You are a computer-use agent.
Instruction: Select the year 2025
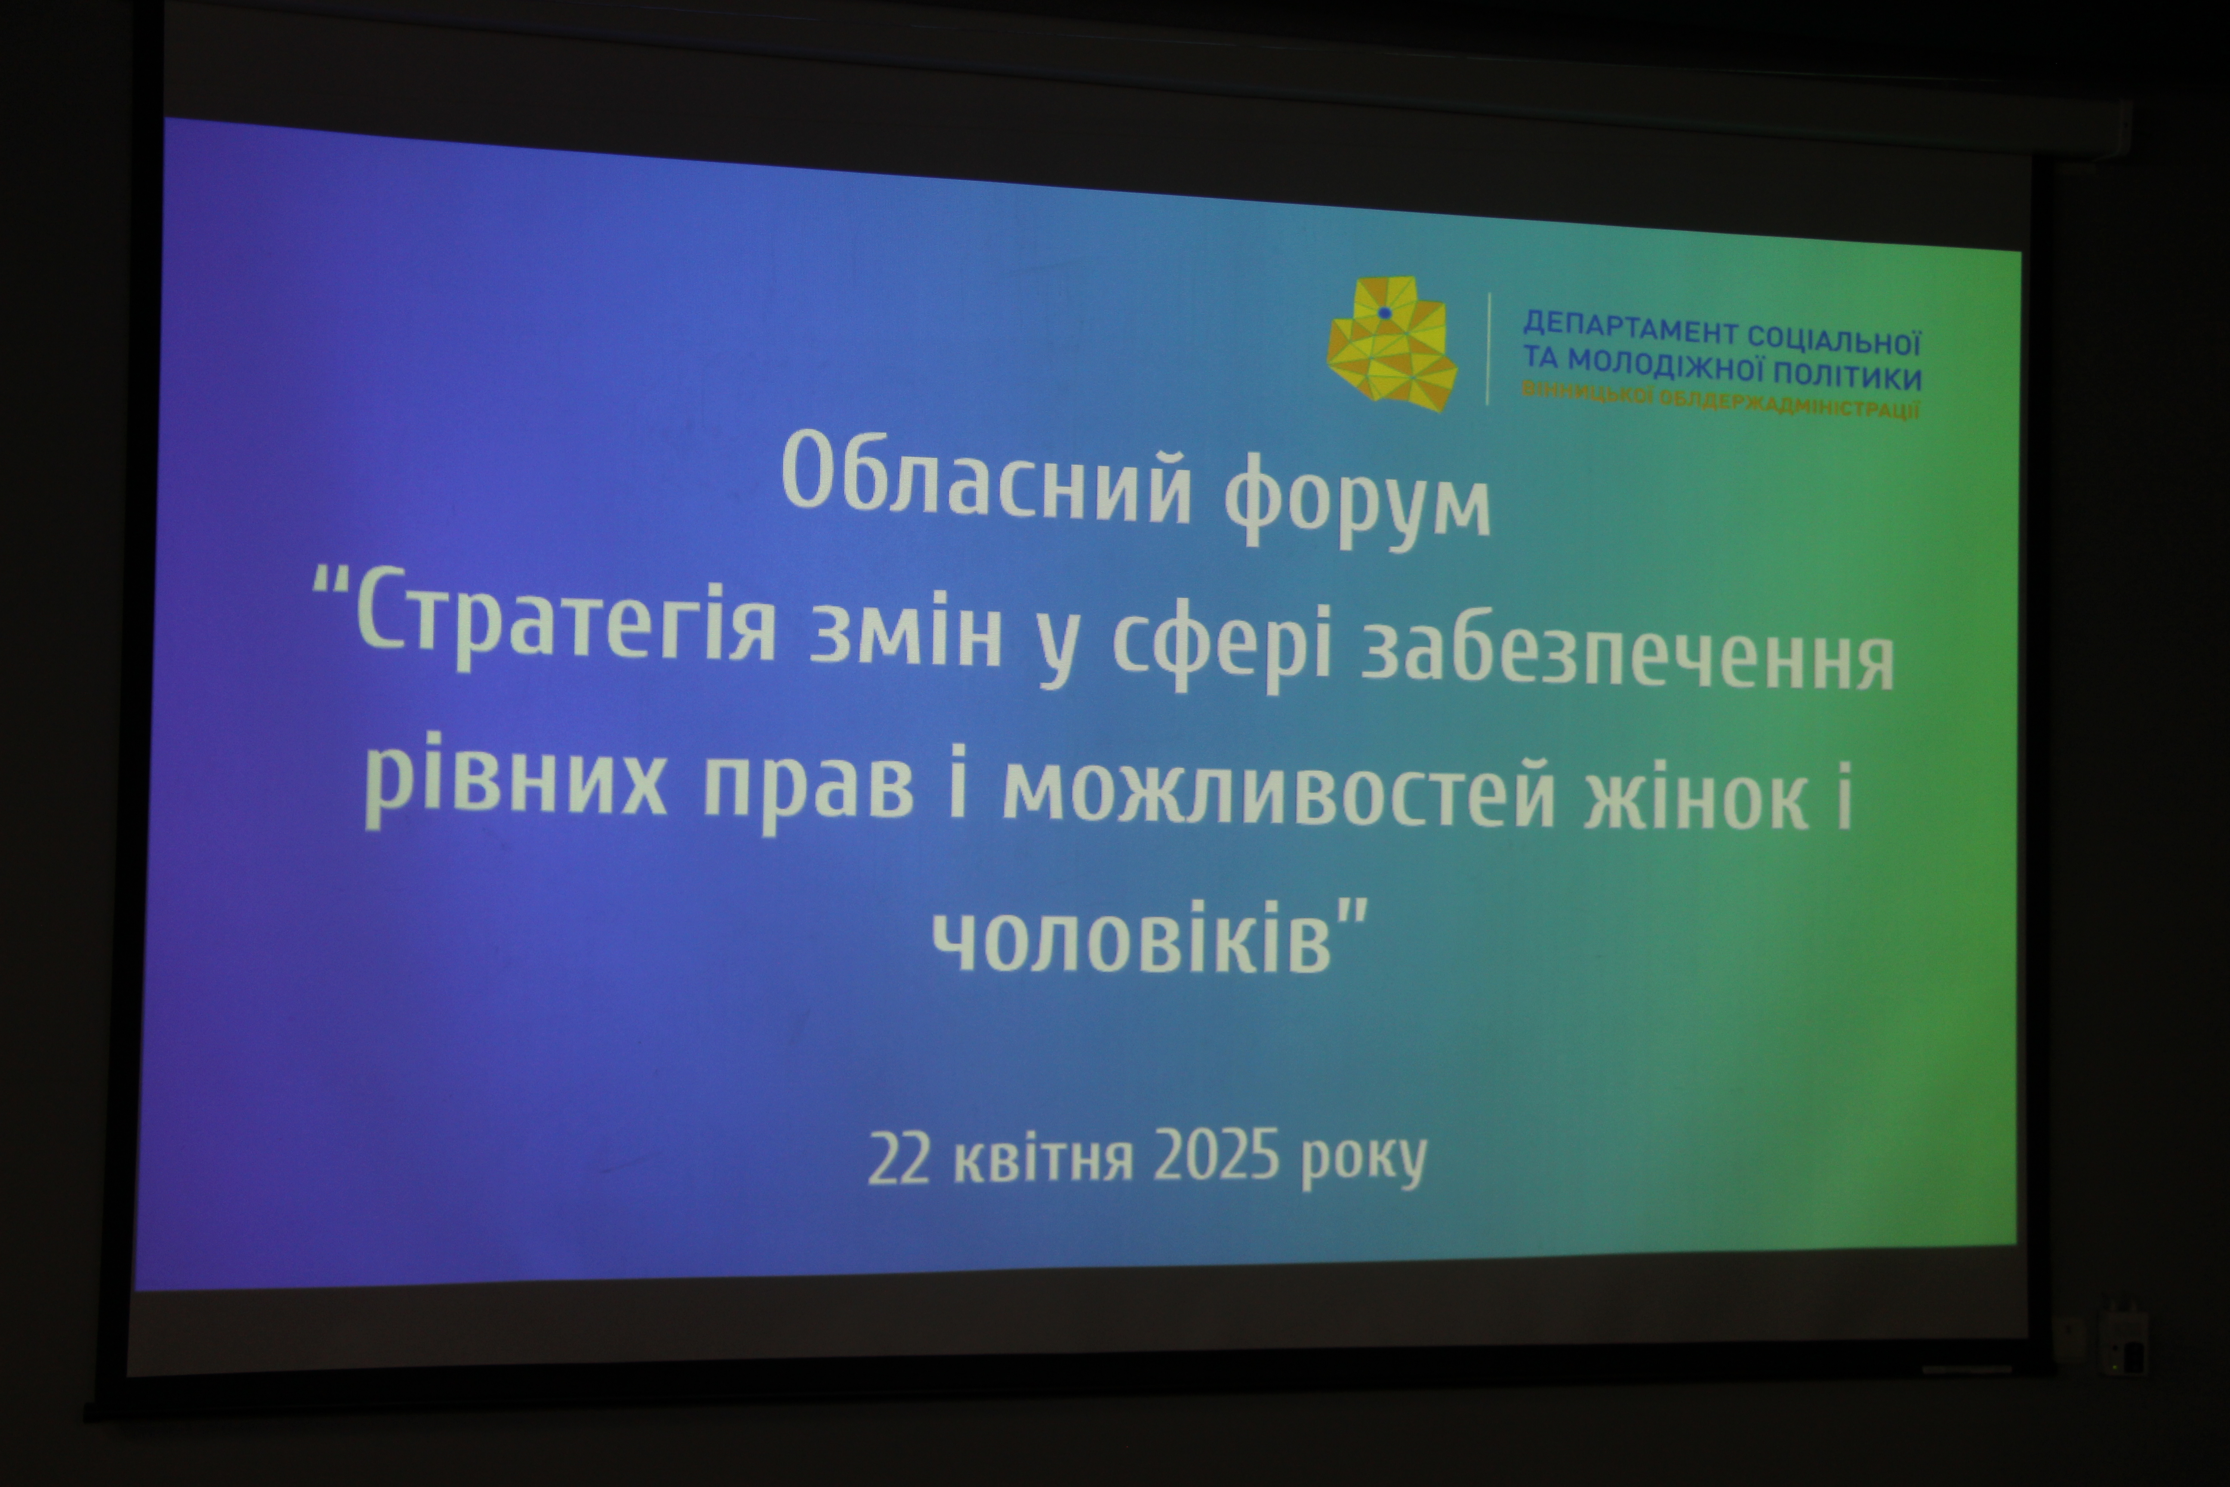tap(1218, 1154)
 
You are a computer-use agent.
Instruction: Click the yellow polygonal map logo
tap(1392, 343)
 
